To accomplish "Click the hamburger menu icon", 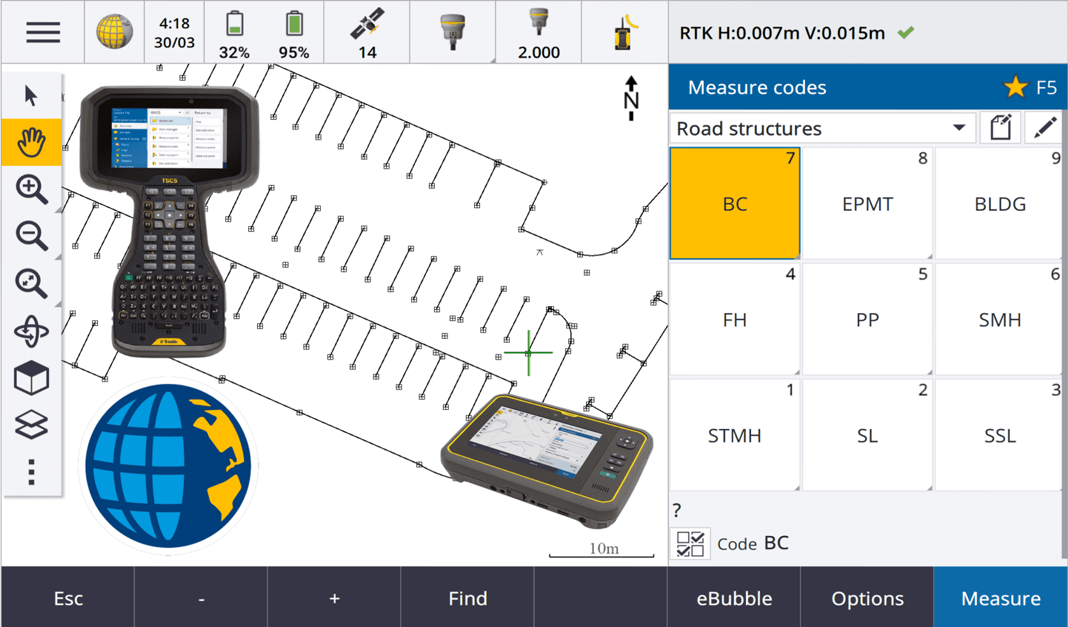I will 43,32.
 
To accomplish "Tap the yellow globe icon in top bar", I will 115,32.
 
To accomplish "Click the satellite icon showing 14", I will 367,32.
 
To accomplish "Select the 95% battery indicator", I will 293,32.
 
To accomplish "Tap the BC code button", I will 734,204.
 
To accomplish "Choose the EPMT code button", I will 867,204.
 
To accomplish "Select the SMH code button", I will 999,320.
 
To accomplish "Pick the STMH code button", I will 734,435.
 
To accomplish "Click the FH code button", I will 734,320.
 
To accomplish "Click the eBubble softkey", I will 734,598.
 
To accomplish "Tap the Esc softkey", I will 68,598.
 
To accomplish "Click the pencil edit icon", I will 1044,128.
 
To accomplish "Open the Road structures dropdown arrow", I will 959,128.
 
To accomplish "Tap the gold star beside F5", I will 1015,87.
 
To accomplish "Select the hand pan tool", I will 31,142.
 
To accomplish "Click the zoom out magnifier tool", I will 31,236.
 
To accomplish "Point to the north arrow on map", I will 631,99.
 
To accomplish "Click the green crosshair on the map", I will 528,352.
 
